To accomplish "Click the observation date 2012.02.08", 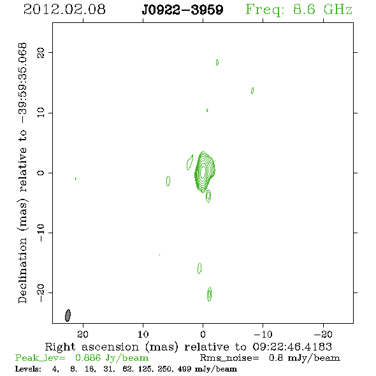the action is click(x=64, y=10).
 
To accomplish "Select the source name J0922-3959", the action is click(x=182, y=10).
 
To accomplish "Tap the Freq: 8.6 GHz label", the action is click(x=299, y=10).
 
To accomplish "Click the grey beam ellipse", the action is click(x=68, y=315).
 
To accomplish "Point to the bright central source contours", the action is click(x=204, y=171).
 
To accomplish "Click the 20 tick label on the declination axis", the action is click(x=41, y=53).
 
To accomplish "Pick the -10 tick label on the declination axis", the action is click(x=41, y=233).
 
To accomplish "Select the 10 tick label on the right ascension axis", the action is click(x=143, y=335).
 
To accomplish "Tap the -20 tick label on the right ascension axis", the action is click(x=323, y=335).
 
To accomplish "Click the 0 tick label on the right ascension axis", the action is click(x=203, y=335).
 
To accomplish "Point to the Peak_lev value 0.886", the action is click(x=88, y=358).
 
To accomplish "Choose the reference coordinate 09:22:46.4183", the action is click(x=292, y=347).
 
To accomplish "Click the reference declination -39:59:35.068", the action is click(x=22, y=83).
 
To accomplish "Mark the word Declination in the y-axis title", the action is click(x=22, y=270).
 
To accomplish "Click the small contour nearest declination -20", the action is click(x=209, y=294).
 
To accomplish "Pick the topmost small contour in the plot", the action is click(x=217, y=62).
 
